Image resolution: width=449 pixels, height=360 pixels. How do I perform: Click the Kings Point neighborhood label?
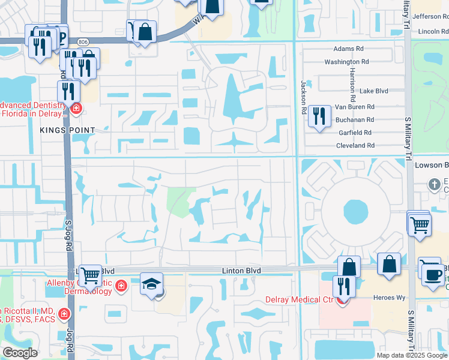pos(68,130)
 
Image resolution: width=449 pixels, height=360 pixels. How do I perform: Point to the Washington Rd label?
pos(346,62)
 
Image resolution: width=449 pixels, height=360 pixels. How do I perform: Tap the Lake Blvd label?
pos(373,91)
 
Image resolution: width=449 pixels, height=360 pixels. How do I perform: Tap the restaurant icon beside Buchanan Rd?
pos(319,116)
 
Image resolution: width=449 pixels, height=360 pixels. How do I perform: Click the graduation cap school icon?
pos(151,284)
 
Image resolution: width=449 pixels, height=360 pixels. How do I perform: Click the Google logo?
pos(20,353)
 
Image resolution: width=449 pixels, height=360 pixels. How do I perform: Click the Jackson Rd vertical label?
pos(304,98)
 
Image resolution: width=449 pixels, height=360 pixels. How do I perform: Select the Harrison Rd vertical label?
pos(352,82)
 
